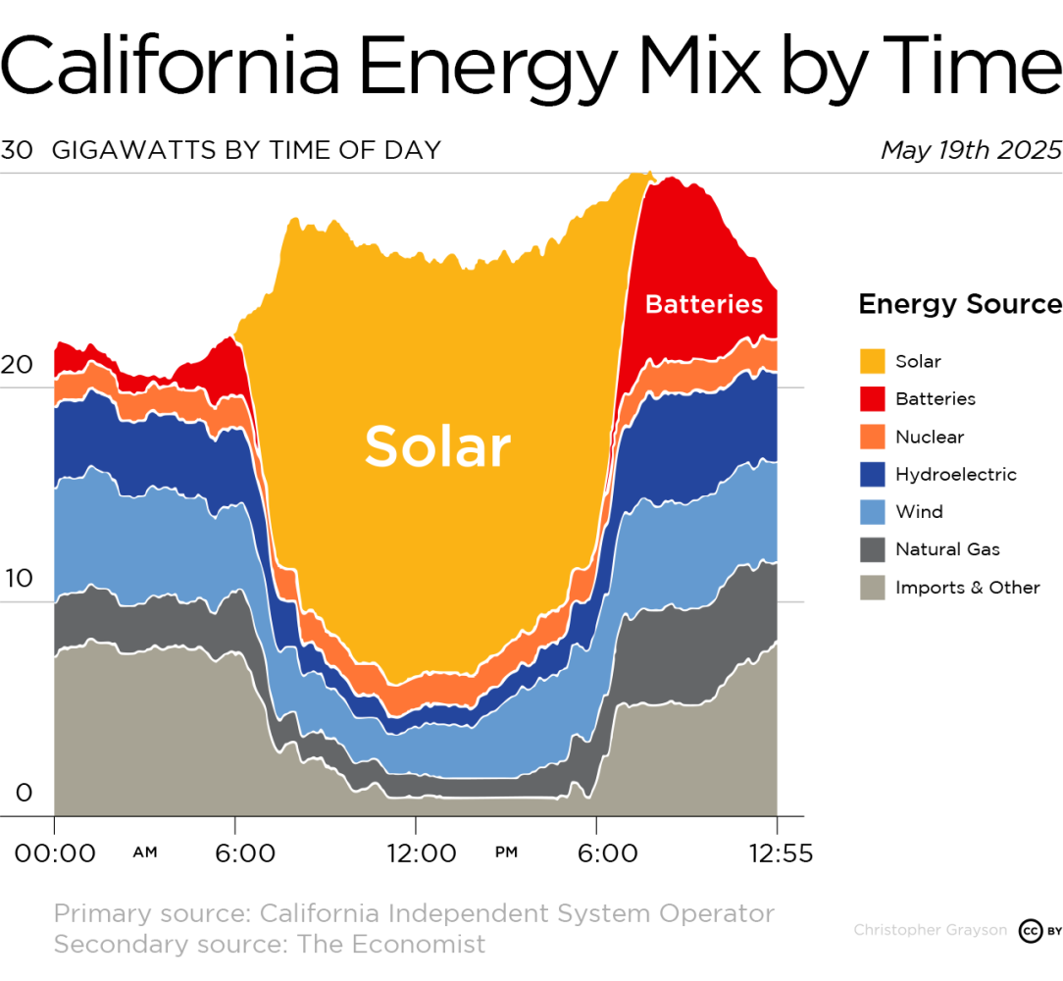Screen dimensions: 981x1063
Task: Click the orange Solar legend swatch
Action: pos(872,361)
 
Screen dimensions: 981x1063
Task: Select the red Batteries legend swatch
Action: pos(872,398)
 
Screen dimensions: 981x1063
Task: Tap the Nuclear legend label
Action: pos(929,437)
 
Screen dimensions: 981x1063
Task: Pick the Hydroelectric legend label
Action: pos(955,475)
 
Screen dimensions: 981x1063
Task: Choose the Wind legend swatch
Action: pos(872,512)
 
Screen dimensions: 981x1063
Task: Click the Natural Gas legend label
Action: pos(947,549)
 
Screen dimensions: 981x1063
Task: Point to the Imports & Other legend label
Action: pos(967,588)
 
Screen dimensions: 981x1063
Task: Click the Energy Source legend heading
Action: pos(960,304)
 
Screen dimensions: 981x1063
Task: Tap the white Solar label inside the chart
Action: pos(437,446)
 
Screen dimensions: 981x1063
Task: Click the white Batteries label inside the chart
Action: pos(703,304)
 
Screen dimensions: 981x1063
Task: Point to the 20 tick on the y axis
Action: pos(17,365)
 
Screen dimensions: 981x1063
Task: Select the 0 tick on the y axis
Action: pos(24,793)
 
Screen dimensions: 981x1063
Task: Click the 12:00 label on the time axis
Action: pos(420,853)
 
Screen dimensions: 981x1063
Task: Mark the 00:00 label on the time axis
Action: pos(55,853)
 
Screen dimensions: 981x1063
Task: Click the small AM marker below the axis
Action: pos(144,852)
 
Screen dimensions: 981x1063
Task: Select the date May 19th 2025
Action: pos(970,150)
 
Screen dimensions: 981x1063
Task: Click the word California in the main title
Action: pos(172,64)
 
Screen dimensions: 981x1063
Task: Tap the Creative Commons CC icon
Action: pos(1030,930)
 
